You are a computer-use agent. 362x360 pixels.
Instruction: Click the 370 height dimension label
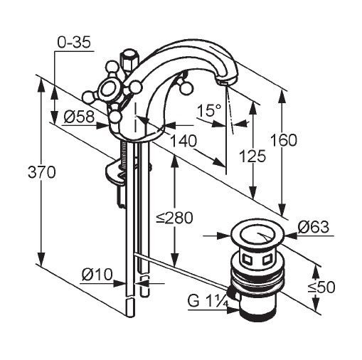pyautogui.click(x=42, y=172)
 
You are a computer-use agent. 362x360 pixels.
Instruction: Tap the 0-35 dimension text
pyautogui.click(x=74, y=43)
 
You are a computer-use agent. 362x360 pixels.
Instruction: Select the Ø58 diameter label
pyautogui.click(x=79, y=117)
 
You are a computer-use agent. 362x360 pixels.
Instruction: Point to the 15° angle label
pyautogui.click(x=209, y=110)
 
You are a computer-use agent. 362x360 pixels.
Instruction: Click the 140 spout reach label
pyautogui.click(x=183, y=141)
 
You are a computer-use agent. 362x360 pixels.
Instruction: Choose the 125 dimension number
pyautogui.click(x=252, y=157)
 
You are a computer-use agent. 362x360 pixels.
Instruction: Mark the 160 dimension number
pyautogui.click(x=284, y=140)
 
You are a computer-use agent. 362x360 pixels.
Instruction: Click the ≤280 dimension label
pyautogui.click(x=174, y=218)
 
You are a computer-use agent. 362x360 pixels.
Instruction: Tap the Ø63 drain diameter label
pyautogui.click(x=314, y=227)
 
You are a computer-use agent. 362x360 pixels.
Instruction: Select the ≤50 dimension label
pyautogui.click(x=321, y=287)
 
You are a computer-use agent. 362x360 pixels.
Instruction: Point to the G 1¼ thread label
pyautogui.click(x=208, y=301)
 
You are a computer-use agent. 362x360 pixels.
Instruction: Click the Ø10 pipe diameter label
pyautogui.click(x=97, y=275)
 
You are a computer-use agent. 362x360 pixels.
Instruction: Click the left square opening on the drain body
pyautogui.click(x=248, y=260)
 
